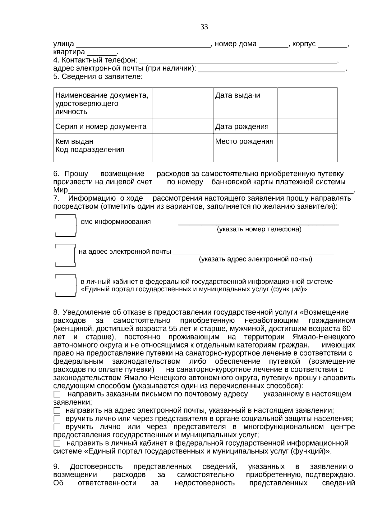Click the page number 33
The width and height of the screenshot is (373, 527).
click(204, 27)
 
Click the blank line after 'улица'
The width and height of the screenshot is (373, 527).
click(143, 45)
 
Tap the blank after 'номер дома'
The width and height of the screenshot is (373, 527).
click(274, 45)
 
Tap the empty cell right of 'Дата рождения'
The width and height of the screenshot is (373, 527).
click(307, 126)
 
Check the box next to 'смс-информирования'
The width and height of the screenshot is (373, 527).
click(65, 226)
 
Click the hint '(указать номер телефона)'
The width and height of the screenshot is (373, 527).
click(259, 229)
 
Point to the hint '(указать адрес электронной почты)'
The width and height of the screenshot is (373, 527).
click(256, 259)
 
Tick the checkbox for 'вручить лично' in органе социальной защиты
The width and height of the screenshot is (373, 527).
click(57, 419)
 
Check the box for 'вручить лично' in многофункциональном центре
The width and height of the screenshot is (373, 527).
click(57, 427)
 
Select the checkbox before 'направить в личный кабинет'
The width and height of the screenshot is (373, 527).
click(57, 443)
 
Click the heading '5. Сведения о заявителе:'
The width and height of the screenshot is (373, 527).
click(98, 76)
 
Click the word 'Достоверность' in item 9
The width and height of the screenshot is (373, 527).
click(96, 467)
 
